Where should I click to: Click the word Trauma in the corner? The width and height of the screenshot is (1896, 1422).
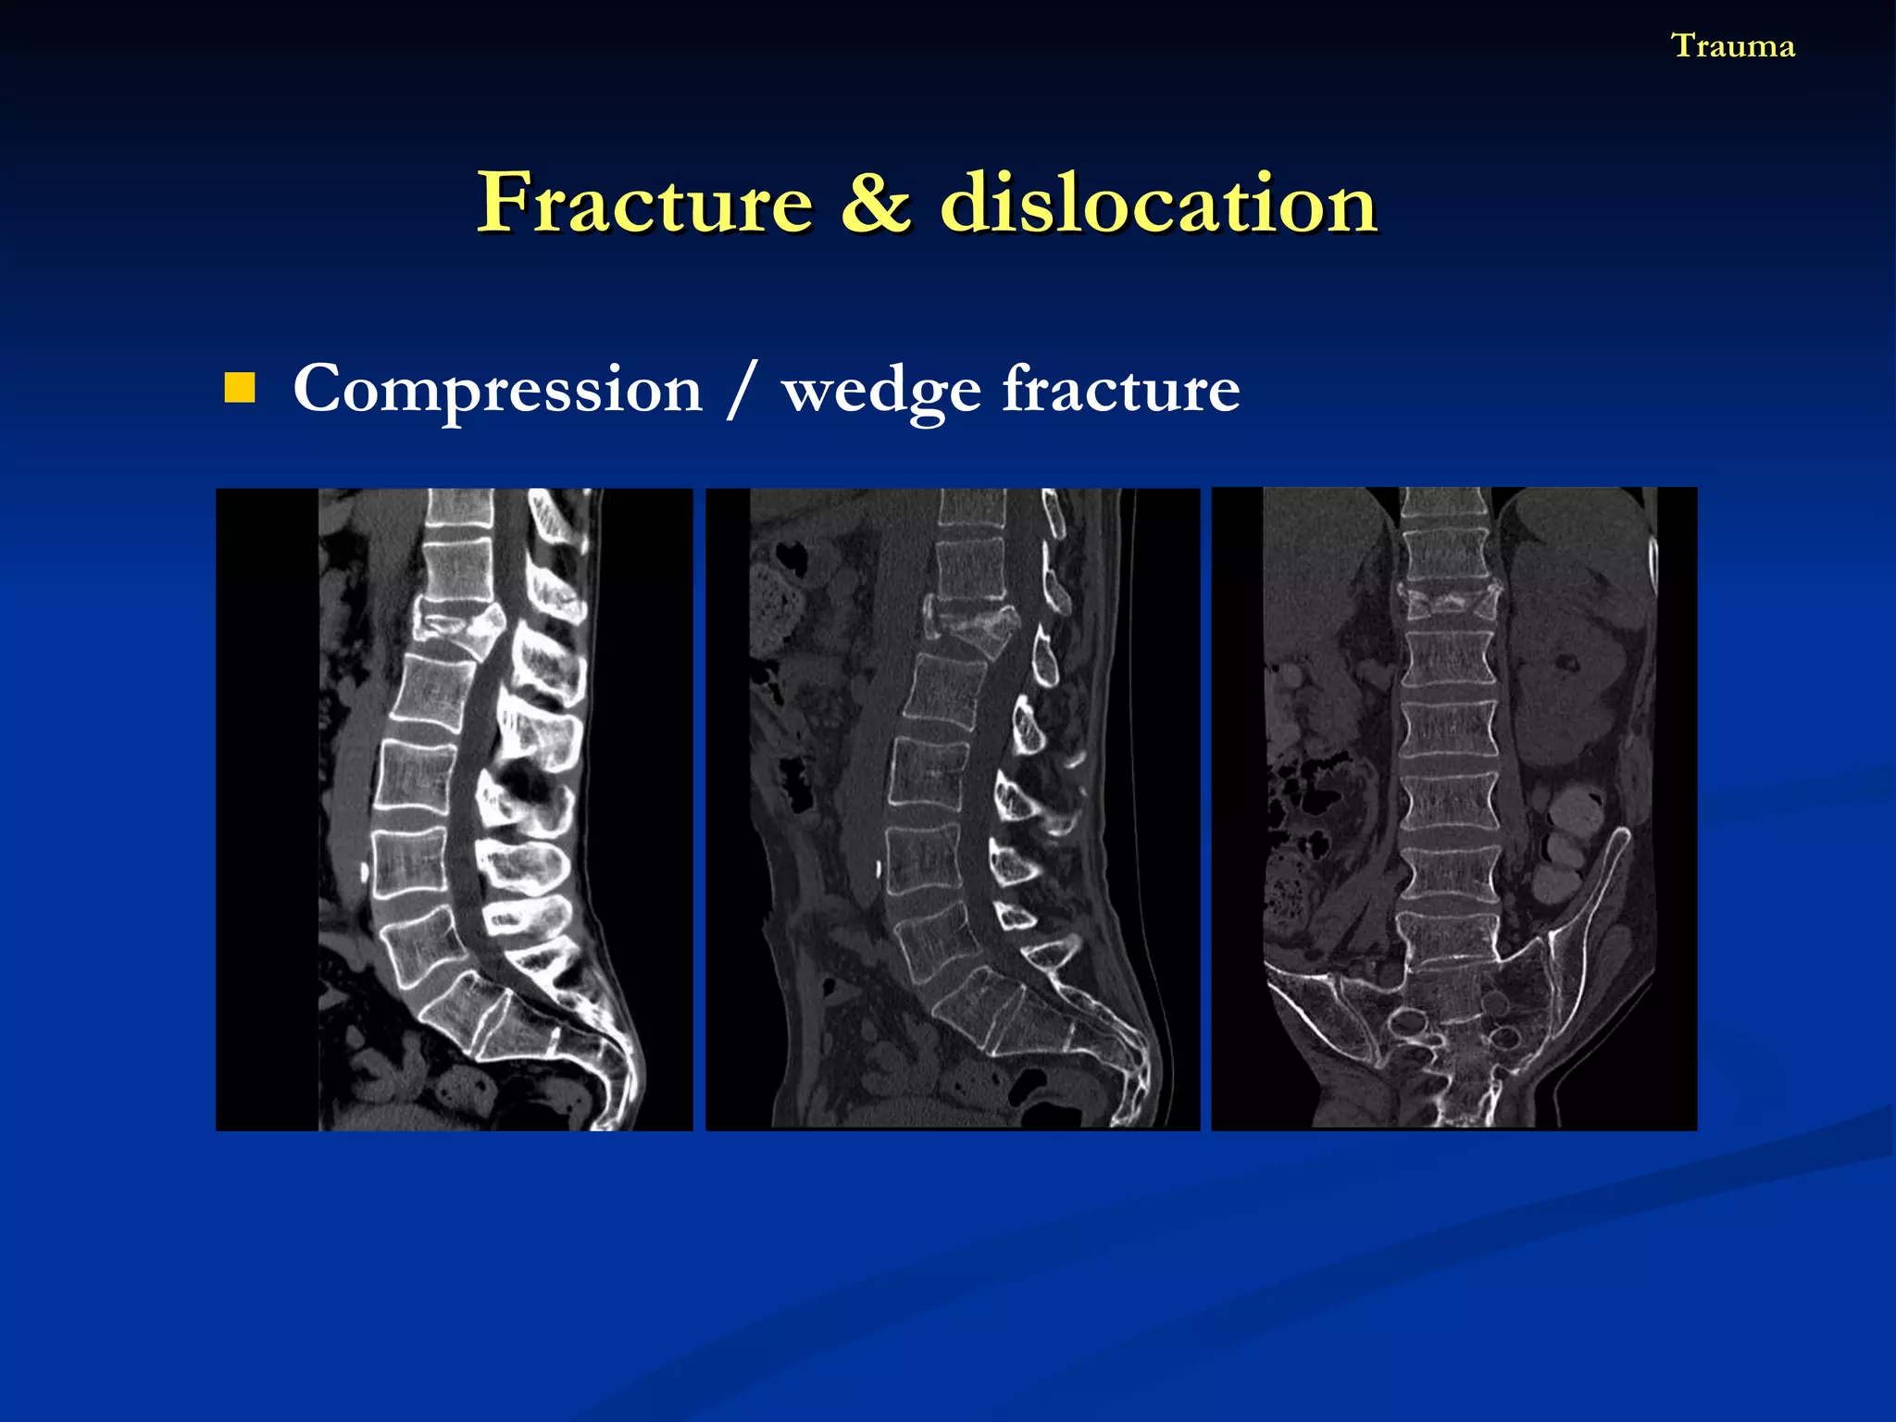1732,46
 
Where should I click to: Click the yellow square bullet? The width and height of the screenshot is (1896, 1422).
240,388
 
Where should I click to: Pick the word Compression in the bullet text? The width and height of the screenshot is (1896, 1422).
498,390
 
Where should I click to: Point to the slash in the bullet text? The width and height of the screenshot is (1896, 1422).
742,390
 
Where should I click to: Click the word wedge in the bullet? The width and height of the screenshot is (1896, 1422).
880,390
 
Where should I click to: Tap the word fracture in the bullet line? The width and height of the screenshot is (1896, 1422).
1121,390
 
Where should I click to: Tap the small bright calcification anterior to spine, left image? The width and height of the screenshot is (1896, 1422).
364,871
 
